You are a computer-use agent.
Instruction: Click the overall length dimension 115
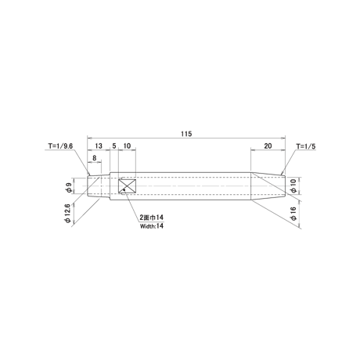[x=186, y=134]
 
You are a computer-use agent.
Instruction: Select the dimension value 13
[x=99, y=146]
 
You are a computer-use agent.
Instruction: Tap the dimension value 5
[x=114, y=146]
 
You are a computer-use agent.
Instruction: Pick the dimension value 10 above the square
[x=127, y=146]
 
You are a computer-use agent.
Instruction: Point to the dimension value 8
[x=95, y=158]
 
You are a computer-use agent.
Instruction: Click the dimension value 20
[x=268, y=146]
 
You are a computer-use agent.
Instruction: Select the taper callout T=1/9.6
[x=60, y=146]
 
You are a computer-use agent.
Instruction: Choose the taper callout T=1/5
[x=306, y=146]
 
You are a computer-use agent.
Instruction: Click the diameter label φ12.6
[x=68, y=214]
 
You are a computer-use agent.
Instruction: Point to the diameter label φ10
[x=293, y=186]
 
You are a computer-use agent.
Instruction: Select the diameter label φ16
[x=293, y=214]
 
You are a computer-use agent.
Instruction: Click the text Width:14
[x=152, y=226]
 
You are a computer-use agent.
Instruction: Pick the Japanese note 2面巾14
[x=152, y=218]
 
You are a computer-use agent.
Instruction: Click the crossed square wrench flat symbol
[x=127, y=186]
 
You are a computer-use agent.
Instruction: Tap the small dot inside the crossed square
[x=124, y=189]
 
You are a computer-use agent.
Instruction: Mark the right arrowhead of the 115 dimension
[x=283, y=138]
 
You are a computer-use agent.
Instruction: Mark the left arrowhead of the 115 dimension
[x=89, y=138]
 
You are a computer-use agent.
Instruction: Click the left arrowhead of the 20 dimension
[x=253, y=149]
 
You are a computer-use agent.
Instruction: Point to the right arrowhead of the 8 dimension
[x=99, y=162]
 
